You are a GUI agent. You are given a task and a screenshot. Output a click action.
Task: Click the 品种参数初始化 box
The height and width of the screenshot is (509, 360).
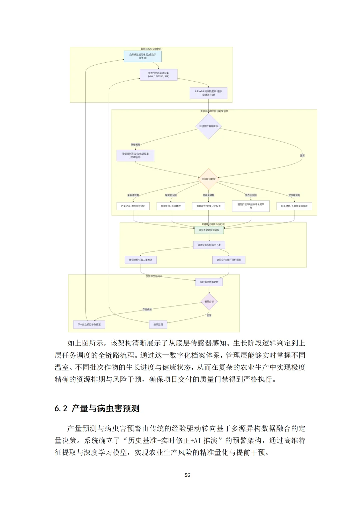pos(143,56)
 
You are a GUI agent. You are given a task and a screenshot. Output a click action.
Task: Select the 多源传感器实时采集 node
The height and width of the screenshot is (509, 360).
pos(159,75)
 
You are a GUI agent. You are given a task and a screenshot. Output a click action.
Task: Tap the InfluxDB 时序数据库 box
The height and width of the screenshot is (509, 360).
pos(208,93)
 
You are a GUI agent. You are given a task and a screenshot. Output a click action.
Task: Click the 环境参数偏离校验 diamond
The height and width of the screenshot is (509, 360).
pos(208,126)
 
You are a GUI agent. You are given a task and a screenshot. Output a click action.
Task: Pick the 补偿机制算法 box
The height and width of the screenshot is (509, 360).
pos(135,156)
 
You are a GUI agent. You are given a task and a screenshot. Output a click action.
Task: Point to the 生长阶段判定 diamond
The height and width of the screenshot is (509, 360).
pos(208,179)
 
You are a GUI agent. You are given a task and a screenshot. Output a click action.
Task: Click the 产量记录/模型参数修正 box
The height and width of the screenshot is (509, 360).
pos(133,206)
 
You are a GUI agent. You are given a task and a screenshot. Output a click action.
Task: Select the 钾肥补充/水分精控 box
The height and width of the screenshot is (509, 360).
pos(171,206)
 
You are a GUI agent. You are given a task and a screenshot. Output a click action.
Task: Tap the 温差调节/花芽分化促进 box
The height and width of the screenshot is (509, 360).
pos(209,206)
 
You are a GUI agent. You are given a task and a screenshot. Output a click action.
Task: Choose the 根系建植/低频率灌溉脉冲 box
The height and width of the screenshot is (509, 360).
pos(294,206)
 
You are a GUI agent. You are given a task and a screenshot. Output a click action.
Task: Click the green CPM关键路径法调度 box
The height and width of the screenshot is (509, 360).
pos(209,230)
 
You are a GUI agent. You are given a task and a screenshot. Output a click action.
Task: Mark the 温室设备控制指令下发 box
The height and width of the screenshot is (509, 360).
pos(209,245)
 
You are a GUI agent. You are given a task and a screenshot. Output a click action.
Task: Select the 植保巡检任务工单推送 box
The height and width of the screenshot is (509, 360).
pos(141,260)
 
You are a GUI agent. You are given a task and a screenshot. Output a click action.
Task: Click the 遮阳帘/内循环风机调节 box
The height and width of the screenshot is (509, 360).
pos(229,260)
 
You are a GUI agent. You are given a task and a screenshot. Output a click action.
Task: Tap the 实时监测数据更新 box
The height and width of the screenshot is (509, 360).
pos(209,282)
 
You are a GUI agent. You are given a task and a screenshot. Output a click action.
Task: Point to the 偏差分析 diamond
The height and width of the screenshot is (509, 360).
pos(209,302)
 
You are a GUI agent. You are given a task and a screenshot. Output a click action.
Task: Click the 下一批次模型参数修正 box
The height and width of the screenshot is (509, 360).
pos(89,324)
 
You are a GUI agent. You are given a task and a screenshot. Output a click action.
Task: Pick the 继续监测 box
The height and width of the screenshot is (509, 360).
pos(158,324)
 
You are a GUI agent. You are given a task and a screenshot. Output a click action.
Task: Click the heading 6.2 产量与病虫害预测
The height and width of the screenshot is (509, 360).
pos(97,408)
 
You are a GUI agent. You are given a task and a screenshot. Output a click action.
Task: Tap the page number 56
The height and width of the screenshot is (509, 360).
pos(187,475)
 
